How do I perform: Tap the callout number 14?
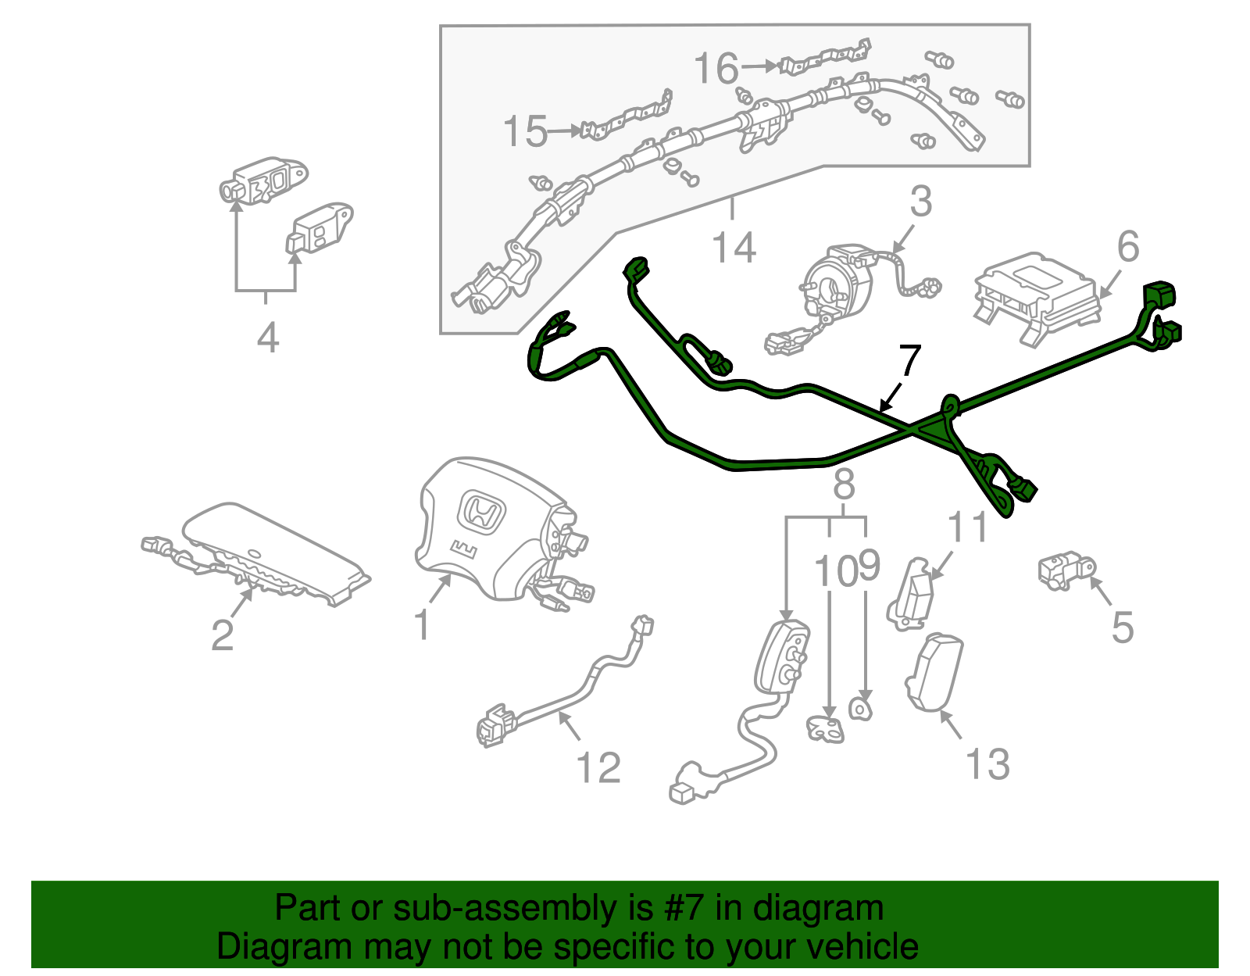(734, 248)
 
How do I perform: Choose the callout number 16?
(716, 68)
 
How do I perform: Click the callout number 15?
(524, 131)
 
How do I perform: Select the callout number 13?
(987, 763)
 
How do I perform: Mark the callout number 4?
(268, 338)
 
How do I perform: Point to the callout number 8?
(844, 484)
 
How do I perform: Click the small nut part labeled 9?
(860, 708)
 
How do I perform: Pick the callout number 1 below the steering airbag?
(422, 625)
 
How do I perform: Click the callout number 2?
(222, 635)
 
